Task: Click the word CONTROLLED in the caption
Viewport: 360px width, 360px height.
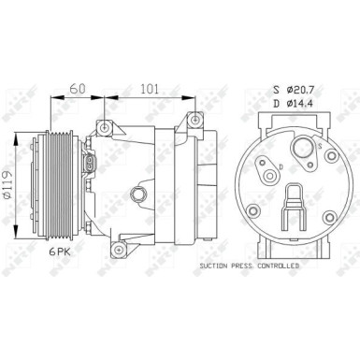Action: point(277,267)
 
